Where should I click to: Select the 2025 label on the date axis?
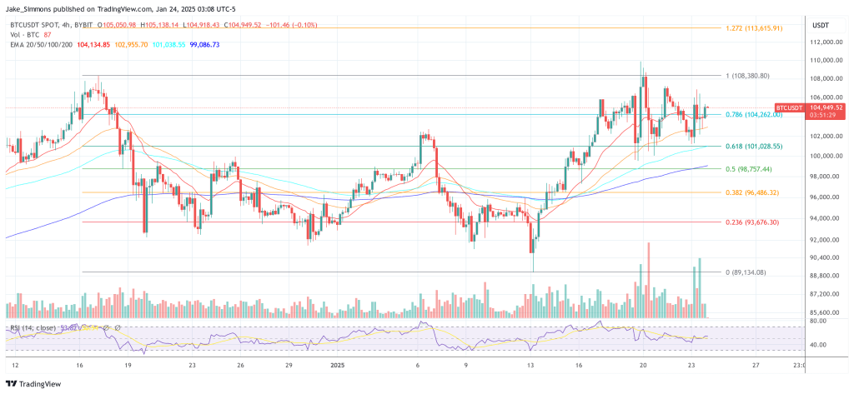tap(337, 365)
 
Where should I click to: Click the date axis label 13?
tap(530, 365)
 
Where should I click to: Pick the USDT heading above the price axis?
tap(822, 25)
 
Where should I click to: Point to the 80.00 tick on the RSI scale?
tap(818, 321)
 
